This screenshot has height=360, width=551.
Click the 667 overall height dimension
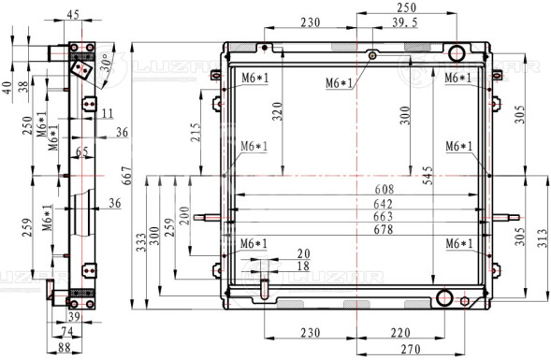click(x=127, y=176)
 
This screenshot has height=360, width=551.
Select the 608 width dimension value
click(x=384, y=189)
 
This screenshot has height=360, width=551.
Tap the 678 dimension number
click(x=384, y=230)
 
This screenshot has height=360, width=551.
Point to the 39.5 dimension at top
click(x=405, y=22)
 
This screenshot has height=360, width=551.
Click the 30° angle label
click(x=107, y=63)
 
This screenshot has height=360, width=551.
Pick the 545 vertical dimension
click(x=428, y=176)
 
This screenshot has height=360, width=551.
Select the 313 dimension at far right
click(x=543, y=238)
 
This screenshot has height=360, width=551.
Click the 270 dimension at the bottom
click(x=411, y=349)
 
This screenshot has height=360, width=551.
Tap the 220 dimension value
click(x=400, y=333)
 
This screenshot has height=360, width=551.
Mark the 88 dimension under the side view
click(x=65, y=348)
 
